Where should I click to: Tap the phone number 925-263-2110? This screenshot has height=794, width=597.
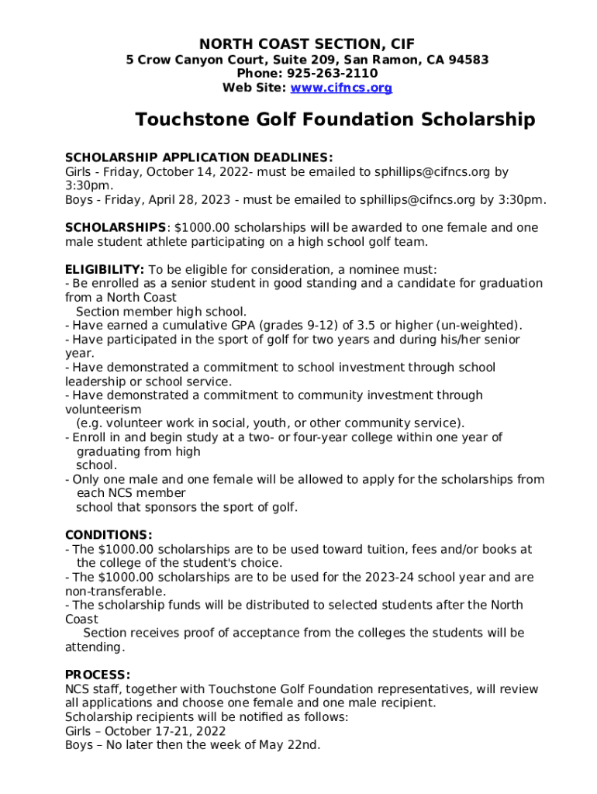pyautogui.click(x=333, y=74)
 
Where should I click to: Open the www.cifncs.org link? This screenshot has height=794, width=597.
pyautogui.click(x=341, y=88)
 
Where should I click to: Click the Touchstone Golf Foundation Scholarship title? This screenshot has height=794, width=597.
pyautogui.click(x=335, y=120)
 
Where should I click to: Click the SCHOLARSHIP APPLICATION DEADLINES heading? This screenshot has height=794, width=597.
pyautogui.click(x=198, y=157)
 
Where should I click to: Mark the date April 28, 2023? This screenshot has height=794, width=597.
pyautogui.click(x=192, y=200)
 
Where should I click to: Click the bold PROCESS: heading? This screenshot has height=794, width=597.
pyautogui.click(x=98, y=675)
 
